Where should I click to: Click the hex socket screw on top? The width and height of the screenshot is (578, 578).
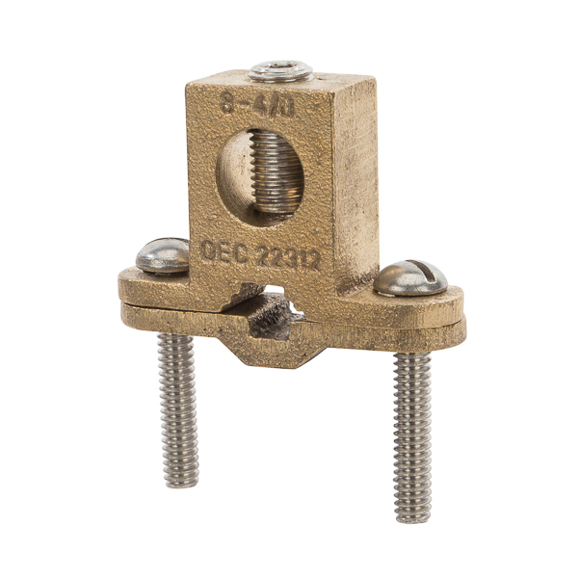280,70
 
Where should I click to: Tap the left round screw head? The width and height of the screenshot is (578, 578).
163,255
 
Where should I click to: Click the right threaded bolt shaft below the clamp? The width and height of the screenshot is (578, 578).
412,433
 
